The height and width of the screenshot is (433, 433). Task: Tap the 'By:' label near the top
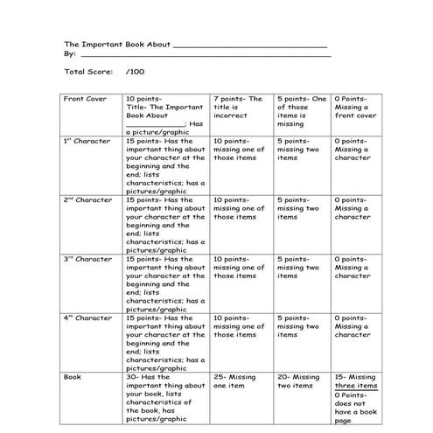click(70, 53)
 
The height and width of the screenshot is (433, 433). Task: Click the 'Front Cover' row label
click(85, 99)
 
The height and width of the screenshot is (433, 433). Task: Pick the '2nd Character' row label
click(87, 199)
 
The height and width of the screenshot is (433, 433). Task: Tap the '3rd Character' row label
click(87, 259)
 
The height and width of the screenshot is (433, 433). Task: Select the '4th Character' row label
click(87, 318)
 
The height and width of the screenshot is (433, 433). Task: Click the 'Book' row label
click(73, 377)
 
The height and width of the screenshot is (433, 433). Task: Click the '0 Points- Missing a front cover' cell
click(353, 111)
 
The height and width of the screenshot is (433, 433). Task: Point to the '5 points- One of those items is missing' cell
click(300, 111)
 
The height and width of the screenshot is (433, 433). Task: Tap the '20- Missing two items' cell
click(298, 381)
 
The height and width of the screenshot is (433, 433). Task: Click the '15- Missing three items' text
click(354, 381)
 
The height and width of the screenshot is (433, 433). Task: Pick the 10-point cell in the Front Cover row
click(164, 111)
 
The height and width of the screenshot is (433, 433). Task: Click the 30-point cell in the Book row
click(164, 398)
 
